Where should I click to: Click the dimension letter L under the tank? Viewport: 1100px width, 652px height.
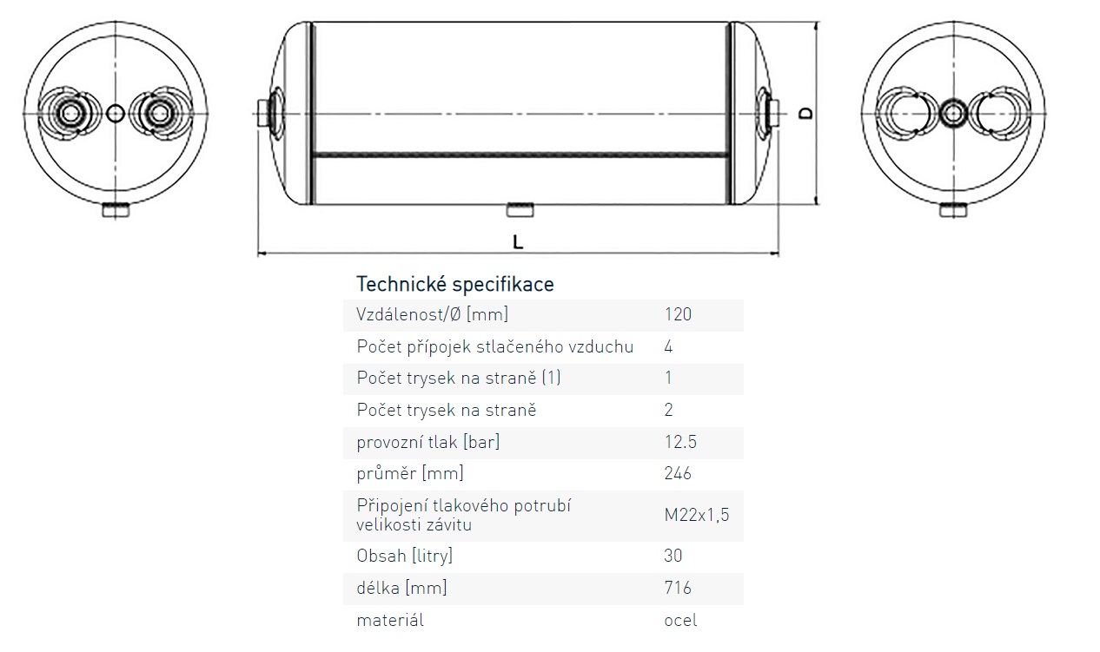[x=518, y=242]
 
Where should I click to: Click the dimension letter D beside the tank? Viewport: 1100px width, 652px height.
[x=805, y=113]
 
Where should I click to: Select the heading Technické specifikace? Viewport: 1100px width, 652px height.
[x=455, y=284]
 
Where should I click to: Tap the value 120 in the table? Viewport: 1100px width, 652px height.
[x=678, y=314]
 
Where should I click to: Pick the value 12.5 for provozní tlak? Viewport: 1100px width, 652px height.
[x=680, y=442]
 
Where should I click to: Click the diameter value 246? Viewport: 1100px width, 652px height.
[x=678, y=473]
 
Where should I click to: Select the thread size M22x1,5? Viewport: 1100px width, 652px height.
[x=697, y=515]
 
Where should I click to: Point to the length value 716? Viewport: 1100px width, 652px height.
[x=678, y=588]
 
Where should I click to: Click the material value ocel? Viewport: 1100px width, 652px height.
[x=680, y=620]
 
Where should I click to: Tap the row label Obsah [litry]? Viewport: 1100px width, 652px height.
[x=405, y=556]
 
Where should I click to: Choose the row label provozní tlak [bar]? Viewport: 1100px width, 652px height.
[x=428, y=442]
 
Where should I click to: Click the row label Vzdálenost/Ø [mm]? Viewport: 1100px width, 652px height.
[x=432, y=314]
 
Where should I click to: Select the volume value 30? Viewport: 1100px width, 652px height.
[x=673, y=556]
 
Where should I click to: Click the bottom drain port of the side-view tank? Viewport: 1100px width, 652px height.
[x=521, y=209]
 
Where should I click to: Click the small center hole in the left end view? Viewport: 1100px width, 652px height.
[x=116, y=113]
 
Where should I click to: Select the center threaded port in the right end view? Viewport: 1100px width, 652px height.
[x=954, y=112]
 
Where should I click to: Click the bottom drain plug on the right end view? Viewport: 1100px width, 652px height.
[x=954, y=210]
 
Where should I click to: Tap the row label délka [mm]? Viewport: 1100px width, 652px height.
[x=401, y=588]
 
